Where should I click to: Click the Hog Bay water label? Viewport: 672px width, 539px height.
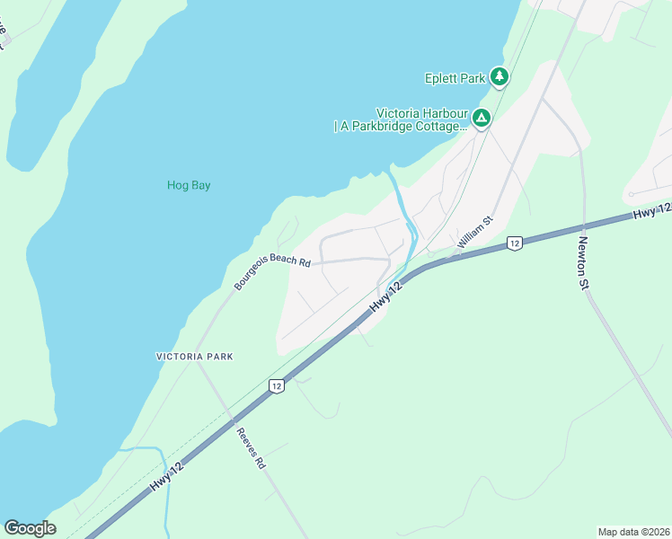coord(189,186)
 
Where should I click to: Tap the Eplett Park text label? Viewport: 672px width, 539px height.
coord(455,78)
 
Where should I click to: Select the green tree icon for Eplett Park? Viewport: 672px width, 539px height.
coord(500,78)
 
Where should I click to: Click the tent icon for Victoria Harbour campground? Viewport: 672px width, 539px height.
coord(482,118)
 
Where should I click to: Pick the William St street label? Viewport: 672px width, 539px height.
coord(475,232)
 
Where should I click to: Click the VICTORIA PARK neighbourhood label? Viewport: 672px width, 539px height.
coord(195,357)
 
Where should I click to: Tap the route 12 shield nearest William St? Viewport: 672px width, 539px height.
coord(514,243)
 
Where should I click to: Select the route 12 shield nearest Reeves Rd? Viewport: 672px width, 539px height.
coord(275,385)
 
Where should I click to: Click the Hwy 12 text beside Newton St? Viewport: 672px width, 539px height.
coord(650,213)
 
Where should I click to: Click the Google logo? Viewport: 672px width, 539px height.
coord(30,528)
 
